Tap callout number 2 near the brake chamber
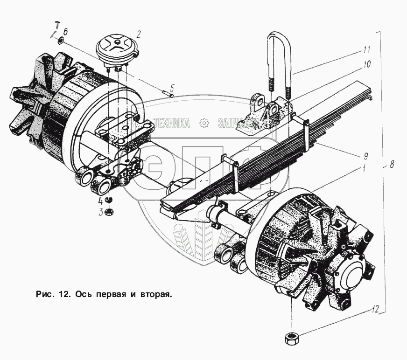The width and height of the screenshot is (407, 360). (139, 33)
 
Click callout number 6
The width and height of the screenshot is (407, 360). (66, 32)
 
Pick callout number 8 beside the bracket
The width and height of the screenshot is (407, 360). (392, 164)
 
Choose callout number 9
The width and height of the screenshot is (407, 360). (366, 155)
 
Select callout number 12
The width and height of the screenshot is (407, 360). (376, 309)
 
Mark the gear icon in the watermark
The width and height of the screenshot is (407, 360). (203, 123)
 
